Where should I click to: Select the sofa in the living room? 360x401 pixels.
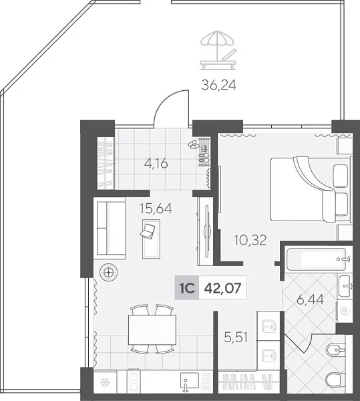pyautogui.click(x=110, y=228)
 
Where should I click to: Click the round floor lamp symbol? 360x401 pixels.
pyautogui.click(x=108, y=271)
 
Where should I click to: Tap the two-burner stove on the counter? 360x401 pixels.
pyautogui.click(x=133, y=384)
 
